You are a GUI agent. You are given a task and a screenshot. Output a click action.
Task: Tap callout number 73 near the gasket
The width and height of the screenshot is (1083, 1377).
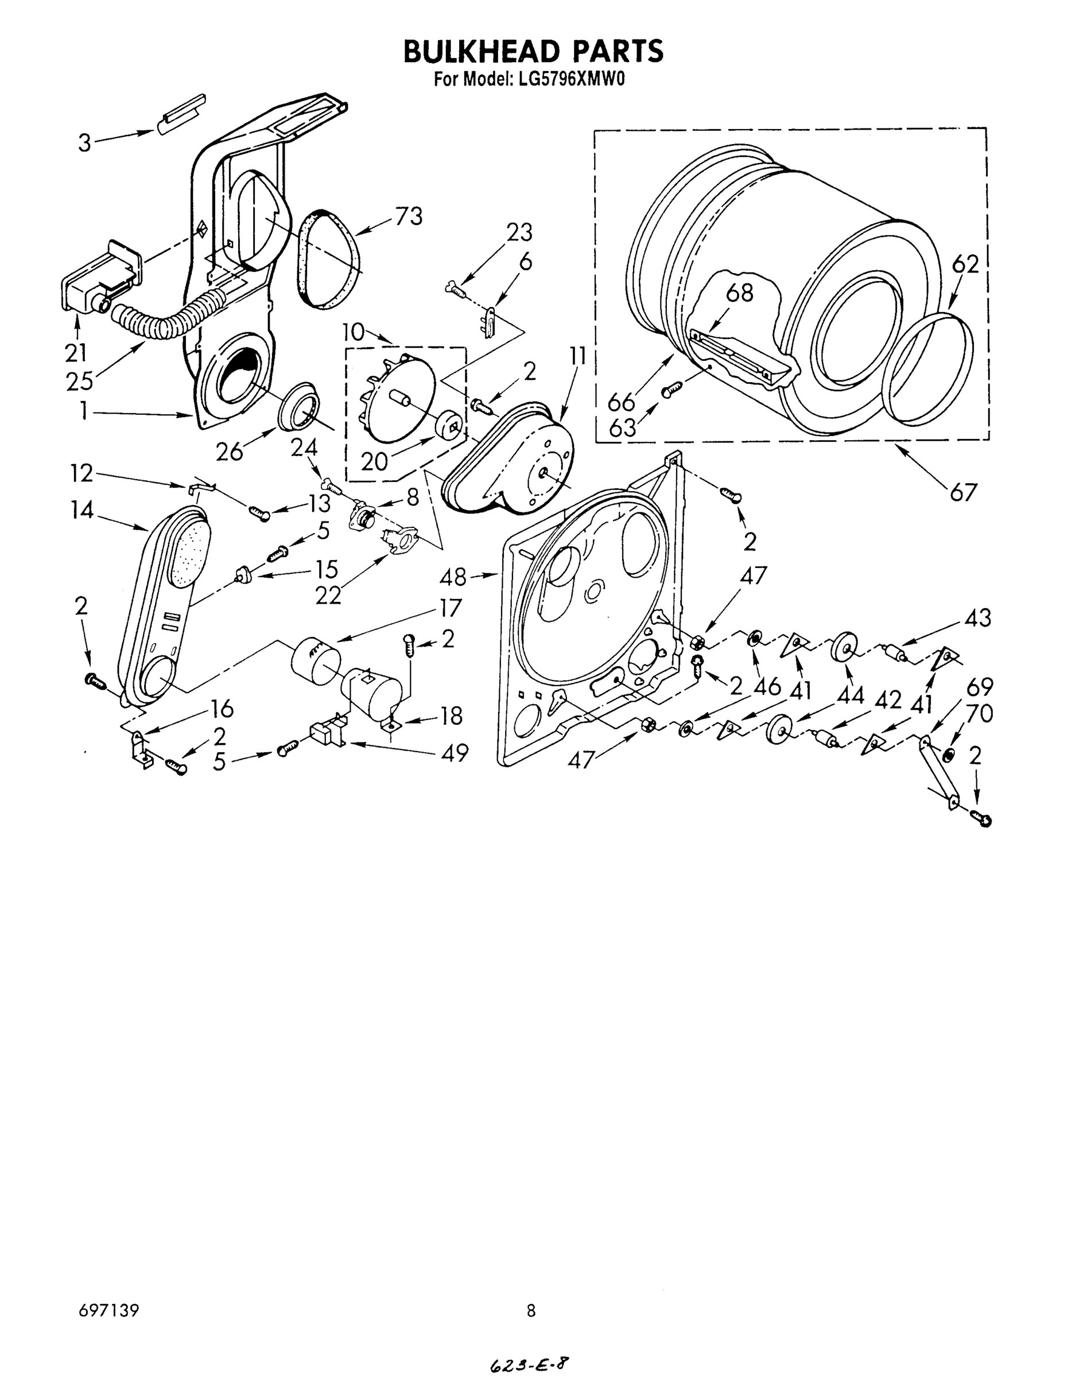[408, 217]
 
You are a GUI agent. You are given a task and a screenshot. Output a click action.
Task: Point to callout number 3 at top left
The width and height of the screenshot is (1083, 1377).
[84, 143]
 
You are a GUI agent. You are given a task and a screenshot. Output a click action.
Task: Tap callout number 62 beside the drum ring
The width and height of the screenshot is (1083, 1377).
[965, 264]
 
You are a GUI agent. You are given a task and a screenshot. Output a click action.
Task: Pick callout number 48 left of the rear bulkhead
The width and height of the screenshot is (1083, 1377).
[453, 577]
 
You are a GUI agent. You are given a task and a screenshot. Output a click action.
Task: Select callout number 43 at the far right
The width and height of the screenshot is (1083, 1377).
[977, 617]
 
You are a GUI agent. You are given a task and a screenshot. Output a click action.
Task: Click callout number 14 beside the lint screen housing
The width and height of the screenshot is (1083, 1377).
[82, 509]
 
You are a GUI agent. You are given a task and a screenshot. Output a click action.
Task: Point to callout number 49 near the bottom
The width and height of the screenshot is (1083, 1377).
[454, 753]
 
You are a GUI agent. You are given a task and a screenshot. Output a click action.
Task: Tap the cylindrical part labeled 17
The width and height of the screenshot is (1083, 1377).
[313, 660]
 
